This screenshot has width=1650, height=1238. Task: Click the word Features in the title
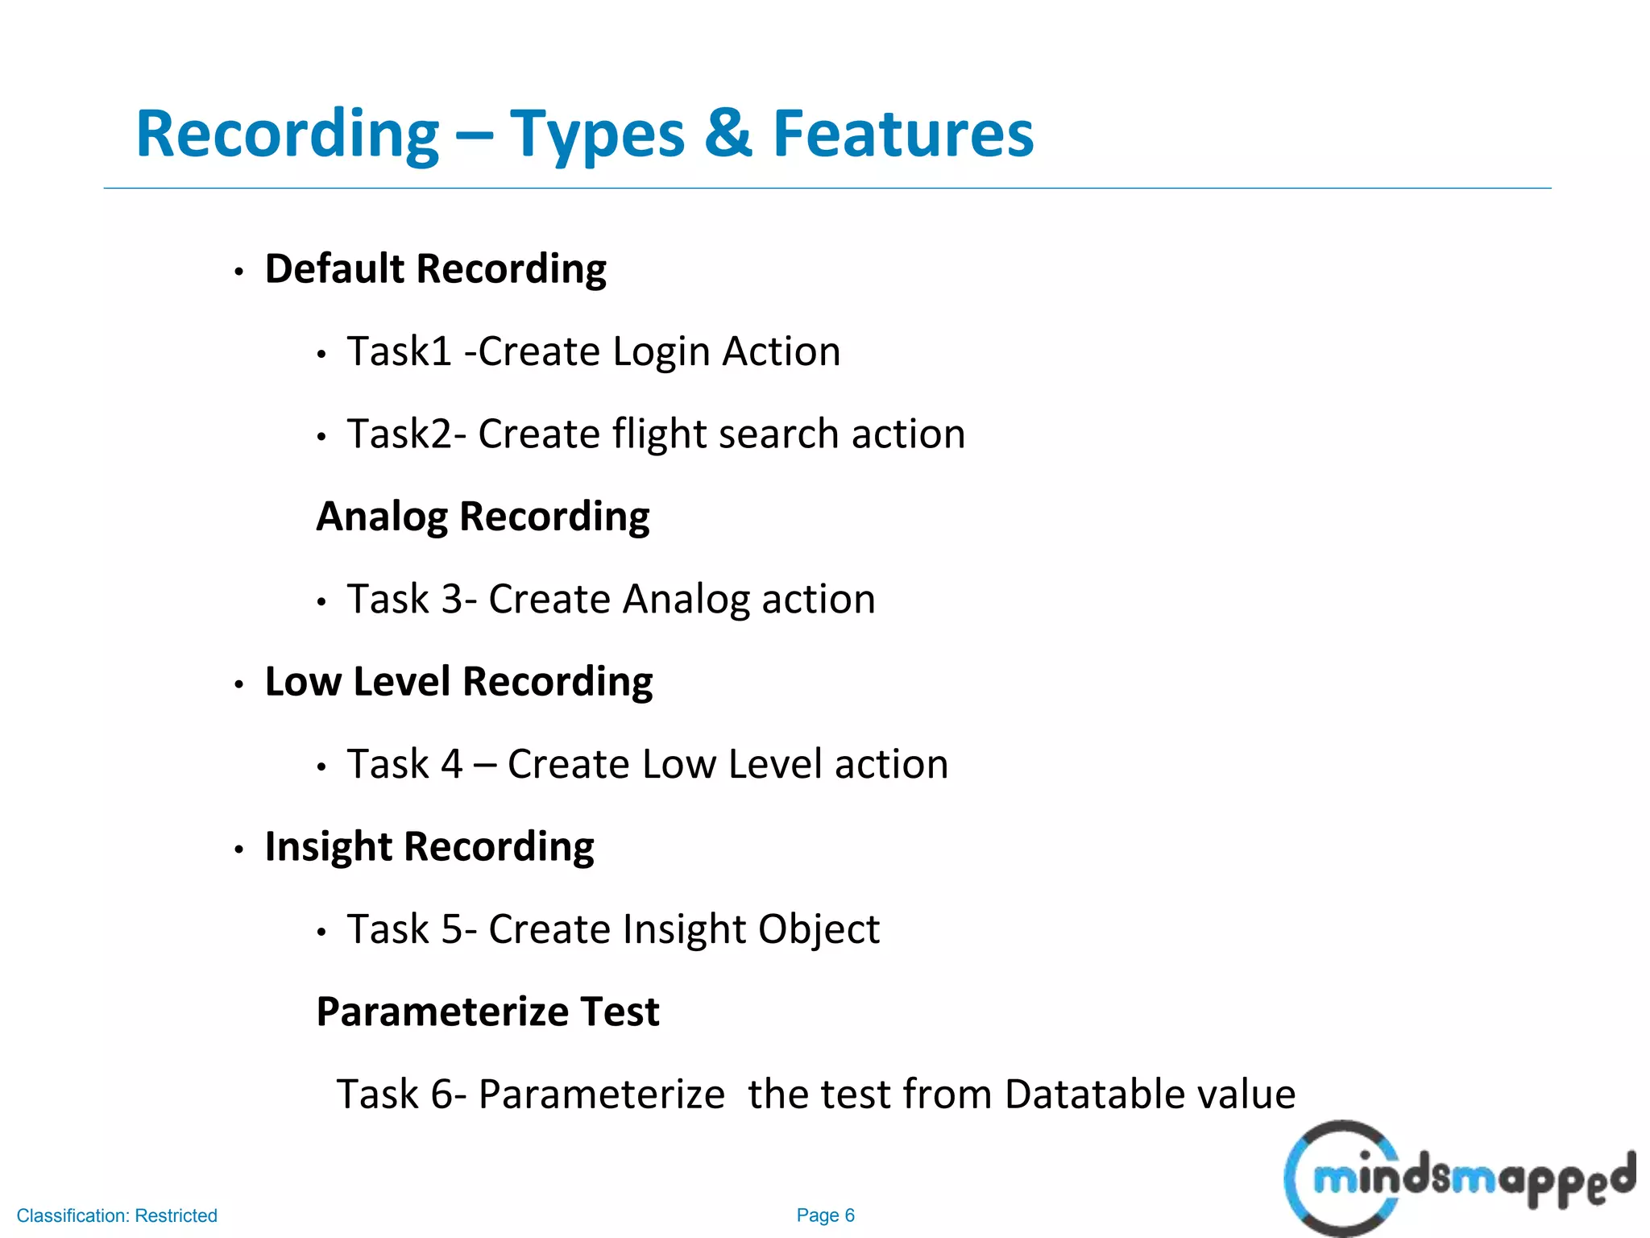click(x=902, y=134)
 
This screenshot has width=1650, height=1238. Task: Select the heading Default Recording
click(x=435, y=269)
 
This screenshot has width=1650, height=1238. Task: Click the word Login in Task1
click(x=661, y=353)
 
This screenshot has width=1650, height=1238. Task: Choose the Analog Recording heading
click(x=483, y=517)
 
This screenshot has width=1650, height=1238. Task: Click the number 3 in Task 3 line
click(x=452, y=600)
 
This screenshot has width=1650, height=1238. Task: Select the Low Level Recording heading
click(x=458, y=682)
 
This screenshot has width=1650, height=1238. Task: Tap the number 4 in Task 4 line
click(x=452, y=765)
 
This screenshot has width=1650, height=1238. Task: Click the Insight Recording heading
click(x=429, y=847)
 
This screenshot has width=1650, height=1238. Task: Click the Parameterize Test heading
click(x=487, y=1012)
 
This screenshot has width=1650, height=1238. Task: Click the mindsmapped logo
click(x=1458, y=1178)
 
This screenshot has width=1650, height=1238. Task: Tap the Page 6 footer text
click(x=825, y=1215)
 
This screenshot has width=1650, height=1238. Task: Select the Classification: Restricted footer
click(x=117, y=1215)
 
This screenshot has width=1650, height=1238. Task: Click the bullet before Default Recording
click(x=238, y=272)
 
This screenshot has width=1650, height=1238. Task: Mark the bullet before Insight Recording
click(x=238, y=850)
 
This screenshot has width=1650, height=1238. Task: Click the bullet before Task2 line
click(x=321, y=438)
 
